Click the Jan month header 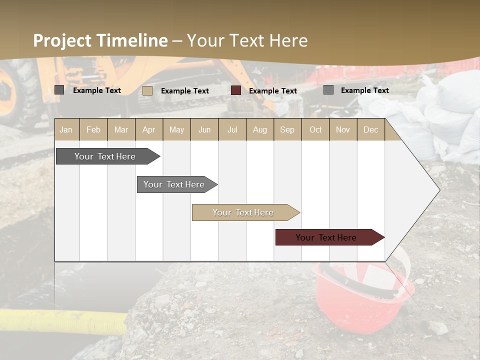[66, 130]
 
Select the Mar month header [121, 130]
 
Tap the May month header [176, 130]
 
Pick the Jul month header [232, 130]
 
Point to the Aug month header [259, 130]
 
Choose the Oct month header [315, 130]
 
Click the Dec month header [370, 130]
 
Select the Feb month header [93, 130]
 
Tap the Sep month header [287, 130]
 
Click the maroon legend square [236, 90]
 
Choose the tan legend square [147, 90]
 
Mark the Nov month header [343, 130]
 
